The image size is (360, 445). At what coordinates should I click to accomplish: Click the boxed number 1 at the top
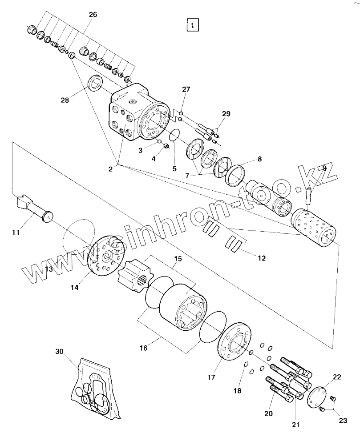pyautogui.click(x=192, y=26)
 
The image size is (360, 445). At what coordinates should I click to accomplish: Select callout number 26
pyautogui.click(x=93, y=15)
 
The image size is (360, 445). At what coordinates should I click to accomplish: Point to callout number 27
pyautogui.click(x=186, y=89)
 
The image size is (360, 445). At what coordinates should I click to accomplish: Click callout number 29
pyautogui.click(x=226, y=114)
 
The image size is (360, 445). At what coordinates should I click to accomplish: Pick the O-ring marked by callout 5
pyautogui.click(x=175, y=135)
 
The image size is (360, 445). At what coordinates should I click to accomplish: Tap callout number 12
pyautogui.click(x=262, y=258)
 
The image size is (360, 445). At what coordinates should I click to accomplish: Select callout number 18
pyautogui.click(x=237, y=391)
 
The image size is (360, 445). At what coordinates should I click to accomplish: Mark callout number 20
pyautogui.click(x=268, y=413)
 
